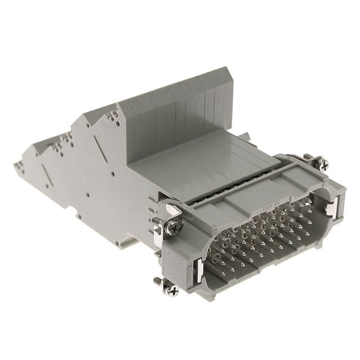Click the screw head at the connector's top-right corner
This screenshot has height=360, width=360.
click(321, 164)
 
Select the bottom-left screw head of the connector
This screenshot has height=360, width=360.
click(172, 290)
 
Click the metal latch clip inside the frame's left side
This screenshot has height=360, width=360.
click(199, 268)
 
